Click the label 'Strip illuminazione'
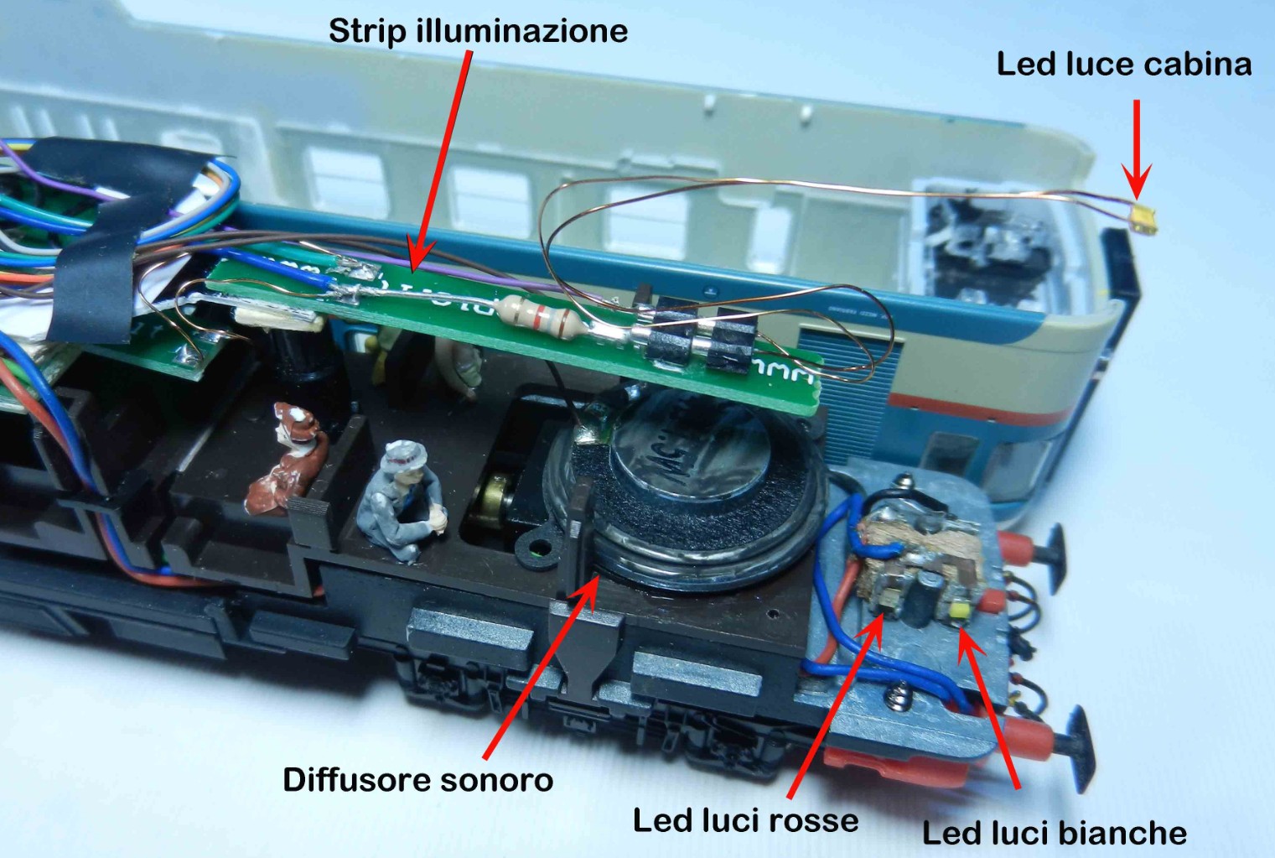tap(478, 31)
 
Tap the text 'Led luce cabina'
tap(1123, 65)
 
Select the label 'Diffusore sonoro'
tap(417, 780)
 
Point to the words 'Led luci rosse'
tap(745, 820)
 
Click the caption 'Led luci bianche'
tap(1054, 833)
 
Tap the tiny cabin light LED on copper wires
tap(1144, 219)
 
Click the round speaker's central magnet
tap(687, 452)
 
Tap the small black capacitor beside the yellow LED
tap(924, 596)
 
